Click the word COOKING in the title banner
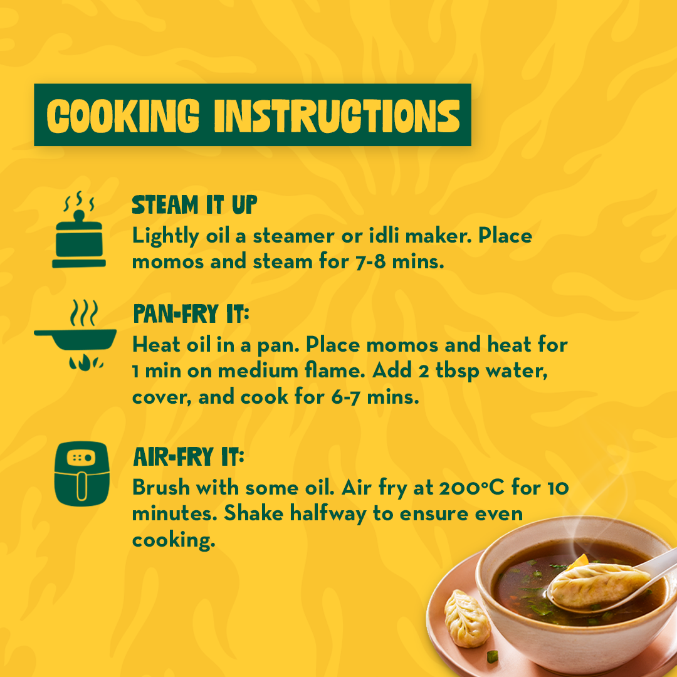click(123, 116)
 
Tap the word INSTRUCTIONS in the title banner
click(337, 116)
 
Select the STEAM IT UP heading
click(194, 204)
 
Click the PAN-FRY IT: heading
click(191, 313)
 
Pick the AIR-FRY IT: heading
click(189, 457)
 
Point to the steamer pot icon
click(79, 230)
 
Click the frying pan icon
click(75, 335)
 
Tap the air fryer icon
click(81, 474)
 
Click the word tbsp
click(457, 371)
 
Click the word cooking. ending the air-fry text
click(174, 540)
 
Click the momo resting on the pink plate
click(467, 619)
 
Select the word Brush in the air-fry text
click(161, 488)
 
